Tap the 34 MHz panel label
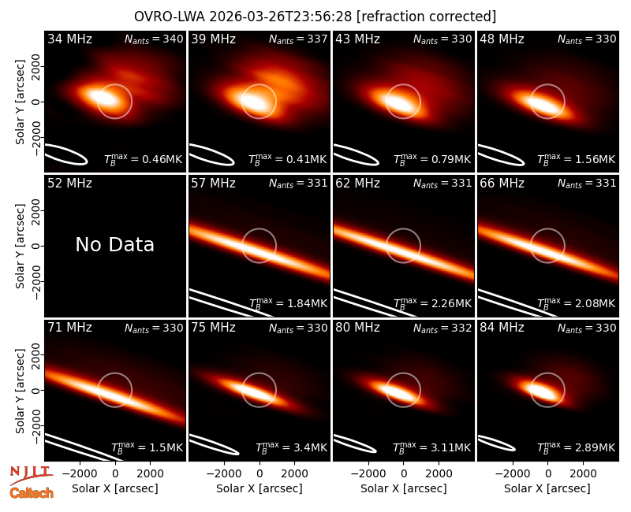pyautogui.click(x=69, y=39)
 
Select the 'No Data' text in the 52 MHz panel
pyautogui.click(x=114, y=244)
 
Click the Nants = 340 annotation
pyautogui.click(x=154, y=39)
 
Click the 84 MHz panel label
pyautogui.click(x=502, y=328)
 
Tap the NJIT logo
pyautogui.click(x=30, y=474)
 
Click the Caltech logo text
pyautogui.click(x=32, y=493)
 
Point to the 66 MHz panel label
pyautogui.click(x=502, y=184)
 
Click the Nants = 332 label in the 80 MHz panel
pyautogui.click(x=442, y=328)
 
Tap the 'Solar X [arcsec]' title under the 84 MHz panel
pyautogui.click(x=547, y=488)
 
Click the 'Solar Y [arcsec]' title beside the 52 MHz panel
pyautogui.click(x=20, y=246)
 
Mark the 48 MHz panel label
pyautogui.click(x=502, y=39)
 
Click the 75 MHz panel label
pyautogui.click(x=213, y=328)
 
